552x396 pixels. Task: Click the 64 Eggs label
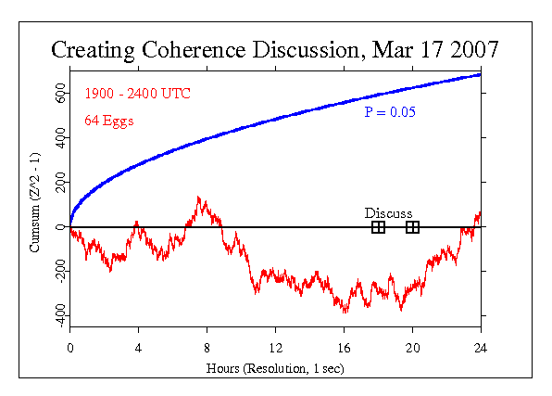pos(108,120)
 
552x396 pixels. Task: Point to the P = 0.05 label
pos(389,113)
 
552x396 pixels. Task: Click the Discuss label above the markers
pos(388,213)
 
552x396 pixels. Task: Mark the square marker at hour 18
pos(378,227)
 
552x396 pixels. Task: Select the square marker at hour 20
pos(412,227)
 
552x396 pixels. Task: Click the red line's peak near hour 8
pos(199,198)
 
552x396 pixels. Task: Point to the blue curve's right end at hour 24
pos(480,74)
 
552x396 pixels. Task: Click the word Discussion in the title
pos(309,50)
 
